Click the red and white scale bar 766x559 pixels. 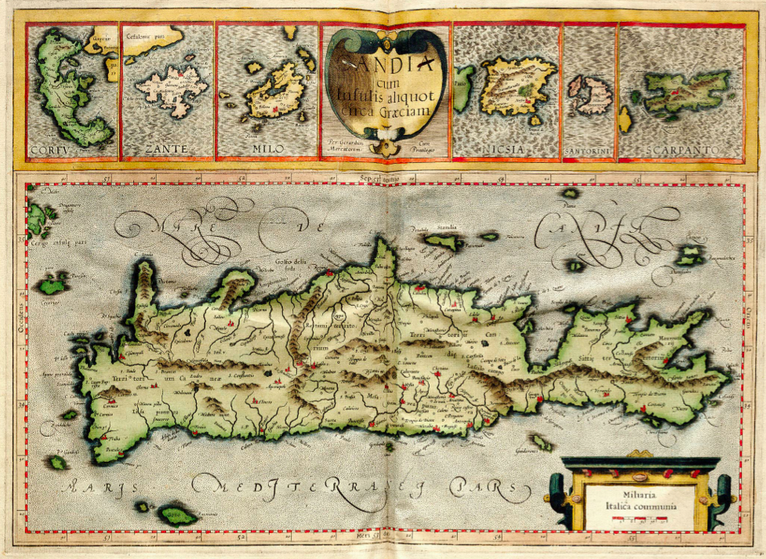coord(641,519)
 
